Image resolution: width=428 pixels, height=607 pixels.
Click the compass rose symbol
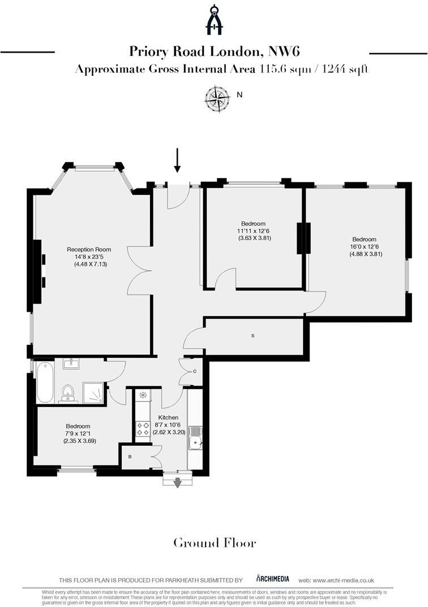click(x=217, y=97)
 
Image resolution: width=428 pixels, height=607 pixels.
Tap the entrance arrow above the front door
click(x=177, y=160)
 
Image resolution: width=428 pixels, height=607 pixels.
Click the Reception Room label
click(x=89, y=249)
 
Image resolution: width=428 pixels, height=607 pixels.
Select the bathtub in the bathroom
click(x=44, y=383)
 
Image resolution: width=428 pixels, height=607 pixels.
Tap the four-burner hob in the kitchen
click(x=143, y=428)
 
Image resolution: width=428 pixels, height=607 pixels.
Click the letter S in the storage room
click(x=253, y=336)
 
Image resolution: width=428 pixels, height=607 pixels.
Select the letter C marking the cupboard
click(x=194, y=371)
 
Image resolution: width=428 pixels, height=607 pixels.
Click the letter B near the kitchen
click(x=130, y=456)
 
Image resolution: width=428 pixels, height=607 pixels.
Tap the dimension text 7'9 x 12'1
click(x=78, y=433)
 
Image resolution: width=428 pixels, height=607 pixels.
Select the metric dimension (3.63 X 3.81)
click(x=255, y=238)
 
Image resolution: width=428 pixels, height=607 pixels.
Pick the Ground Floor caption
click(x=214, y=543)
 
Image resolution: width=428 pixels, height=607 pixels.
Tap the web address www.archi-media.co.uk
click(x=344, y=580)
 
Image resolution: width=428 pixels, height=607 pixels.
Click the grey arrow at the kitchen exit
click(x=177, y=482)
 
